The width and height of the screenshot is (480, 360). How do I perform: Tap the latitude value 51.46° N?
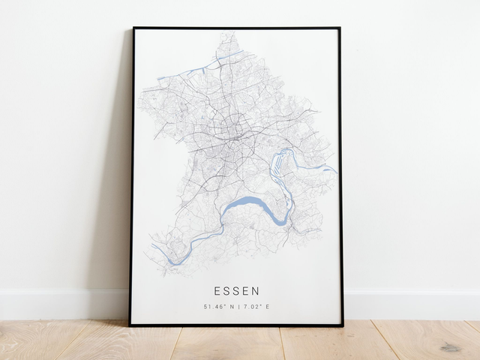pos(217,306)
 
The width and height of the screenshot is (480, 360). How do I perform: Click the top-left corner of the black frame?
pos(133,28)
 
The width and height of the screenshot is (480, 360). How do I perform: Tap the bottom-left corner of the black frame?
pos(130,325)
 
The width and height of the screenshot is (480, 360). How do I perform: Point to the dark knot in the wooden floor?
pos(451,347)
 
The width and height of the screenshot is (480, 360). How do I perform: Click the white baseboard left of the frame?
pos(60,304)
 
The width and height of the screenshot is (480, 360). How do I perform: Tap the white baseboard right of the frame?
pos(412,304)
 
